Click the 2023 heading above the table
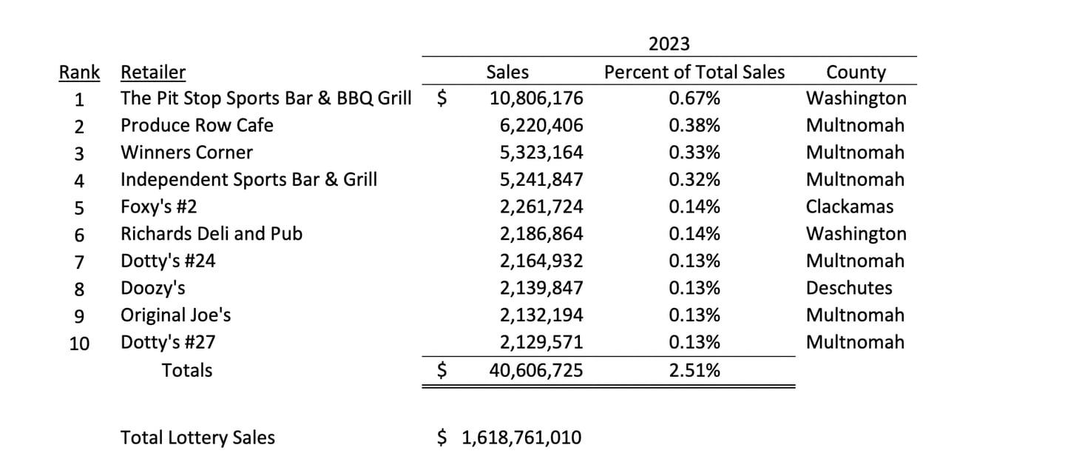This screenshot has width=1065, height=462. pyautogui.click(x=669, y=44)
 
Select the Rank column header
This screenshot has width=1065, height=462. pyautogui.click(x=79, y=73)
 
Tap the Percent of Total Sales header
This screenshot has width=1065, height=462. pyautogui.click(x=694, y=73)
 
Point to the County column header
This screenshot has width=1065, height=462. pyautogui.click(x=856, y=73)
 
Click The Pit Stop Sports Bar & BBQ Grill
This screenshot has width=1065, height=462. pyautogui.click(x=266, y=98)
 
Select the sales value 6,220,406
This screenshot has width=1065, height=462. pyautogui.click(x=541, y=126)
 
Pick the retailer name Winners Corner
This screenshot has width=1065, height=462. pyautogui.click(x=186, y=153)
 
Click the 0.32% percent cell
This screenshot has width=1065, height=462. pyautogui.click(x=694, y=180)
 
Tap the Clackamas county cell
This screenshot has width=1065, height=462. pyautogui.click(x=849, y=207)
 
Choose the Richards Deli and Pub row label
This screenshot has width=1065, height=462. pyautogui.click(x=212, y=234)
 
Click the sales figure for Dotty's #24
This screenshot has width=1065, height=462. pyautogui.click(x=541, y=261)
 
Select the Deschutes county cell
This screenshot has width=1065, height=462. pyautogui.click(x=849, y=288)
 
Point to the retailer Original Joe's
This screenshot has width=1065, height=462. pyautogui.click(x=176, y=315)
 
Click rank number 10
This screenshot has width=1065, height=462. pyautogui.click(x=79, y=343)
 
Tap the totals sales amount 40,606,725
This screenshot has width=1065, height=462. pyautogui.click(x=536, y=370)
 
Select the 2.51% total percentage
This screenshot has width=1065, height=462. pyautogui.click(x=694, y=370)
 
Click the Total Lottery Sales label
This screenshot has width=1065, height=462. pyautogui.click(x=197, y=438)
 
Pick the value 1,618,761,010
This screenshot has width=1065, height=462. pyautogui.click(x=521, y=438)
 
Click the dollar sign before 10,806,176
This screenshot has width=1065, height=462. pyautogui.click(x=442, y=99)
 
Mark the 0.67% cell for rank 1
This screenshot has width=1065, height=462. pyautogui.click(x=694, y=98)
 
